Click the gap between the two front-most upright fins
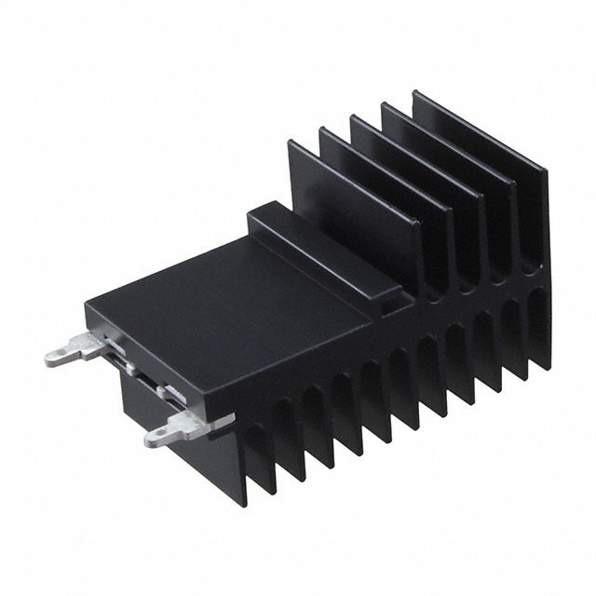[x=312, y=163]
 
